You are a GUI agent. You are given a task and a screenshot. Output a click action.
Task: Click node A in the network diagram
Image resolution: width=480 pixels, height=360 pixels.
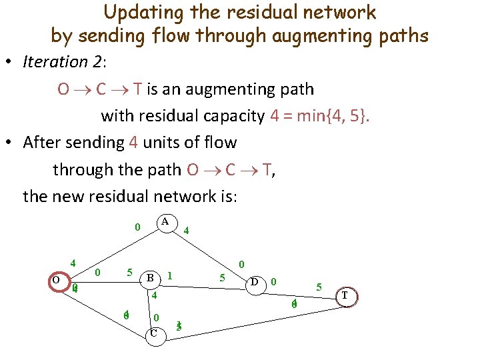click(x=164, y=221)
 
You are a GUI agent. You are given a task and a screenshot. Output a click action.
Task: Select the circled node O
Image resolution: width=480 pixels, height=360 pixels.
click(x=56, y=280)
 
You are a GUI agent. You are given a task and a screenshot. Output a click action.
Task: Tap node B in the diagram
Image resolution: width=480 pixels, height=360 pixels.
click(x=151, y=277)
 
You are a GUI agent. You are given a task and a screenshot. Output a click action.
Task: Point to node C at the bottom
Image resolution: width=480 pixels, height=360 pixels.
click(x=154, y=333)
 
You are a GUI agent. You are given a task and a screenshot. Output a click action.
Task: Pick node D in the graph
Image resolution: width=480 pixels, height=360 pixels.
click(x=254, y=282)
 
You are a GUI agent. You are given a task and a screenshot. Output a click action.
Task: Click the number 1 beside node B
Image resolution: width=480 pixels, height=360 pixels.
click(x=171, y=275)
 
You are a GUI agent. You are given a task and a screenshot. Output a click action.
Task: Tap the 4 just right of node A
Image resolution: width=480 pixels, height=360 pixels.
click(x=187, y=231)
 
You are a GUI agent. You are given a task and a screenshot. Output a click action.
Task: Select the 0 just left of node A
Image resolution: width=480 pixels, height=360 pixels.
click(x=137, y=227)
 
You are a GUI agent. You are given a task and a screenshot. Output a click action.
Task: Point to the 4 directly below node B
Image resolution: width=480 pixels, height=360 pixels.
click(x=153, y=295)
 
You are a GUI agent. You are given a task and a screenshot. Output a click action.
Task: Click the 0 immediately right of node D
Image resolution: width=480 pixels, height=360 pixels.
click(x=273, y=282)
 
